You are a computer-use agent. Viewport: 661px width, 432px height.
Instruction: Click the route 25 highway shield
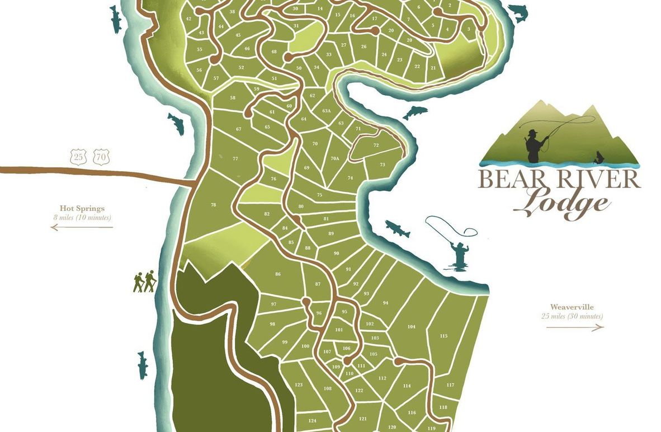tap(78, 157)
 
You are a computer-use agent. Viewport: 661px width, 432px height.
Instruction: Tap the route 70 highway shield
tap(101, 157)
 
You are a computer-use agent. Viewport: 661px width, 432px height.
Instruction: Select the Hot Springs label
tap(82, 208)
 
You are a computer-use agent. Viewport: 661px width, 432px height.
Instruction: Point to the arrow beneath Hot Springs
tap(82, 227)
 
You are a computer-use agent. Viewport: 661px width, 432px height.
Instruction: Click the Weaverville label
tap(572, 307)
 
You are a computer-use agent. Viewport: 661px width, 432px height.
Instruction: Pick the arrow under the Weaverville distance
tap(575, 327)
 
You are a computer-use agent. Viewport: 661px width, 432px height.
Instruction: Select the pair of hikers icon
tap(144, 282)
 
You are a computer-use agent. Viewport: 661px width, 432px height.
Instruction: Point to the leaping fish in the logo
tap(599, 158)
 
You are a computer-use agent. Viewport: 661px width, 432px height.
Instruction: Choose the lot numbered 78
tap(213, 205)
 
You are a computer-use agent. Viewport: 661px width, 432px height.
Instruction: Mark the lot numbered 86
tap(278, 274)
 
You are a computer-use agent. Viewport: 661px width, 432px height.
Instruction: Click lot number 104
tap(412, 326)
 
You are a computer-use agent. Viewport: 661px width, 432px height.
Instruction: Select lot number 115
tap(443, 336)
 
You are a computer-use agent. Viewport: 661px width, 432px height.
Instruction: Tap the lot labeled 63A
tap(327, 111)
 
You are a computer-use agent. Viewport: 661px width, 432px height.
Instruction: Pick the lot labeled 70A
tap(334, 158)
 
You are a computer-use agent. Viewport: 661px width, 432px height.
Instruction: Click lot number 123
tap(299, 384)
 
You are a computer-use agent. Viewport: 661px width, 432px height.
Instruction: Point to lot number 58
tap(233, 98)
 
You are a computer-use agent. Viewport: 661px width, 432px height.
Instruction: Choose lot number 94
tap(385, 303)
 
